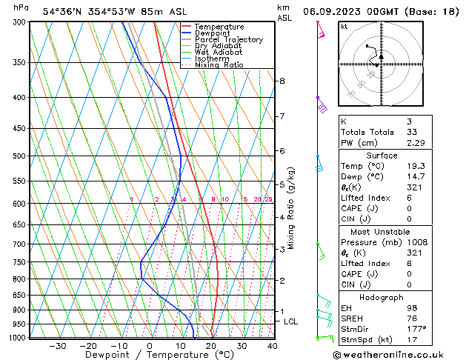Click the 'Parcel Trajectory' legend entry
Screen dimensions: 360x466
[x=228, y=40]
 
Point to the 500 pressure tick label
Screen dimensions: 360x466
[x=21, y=156]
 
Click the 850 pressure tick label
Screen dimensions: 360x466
[x=21, y=295]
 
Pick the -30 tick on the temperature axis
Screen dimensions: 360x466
[x=56, y=346]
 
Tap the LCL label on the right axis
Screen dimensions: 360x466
[x=290, y=321]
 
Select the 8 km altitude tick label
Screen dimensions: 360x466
[x=282, y=81]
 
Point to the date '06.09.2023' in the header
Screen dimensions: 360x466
[x=333, y=12]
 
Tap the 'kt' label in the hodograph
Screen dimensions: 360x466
[x=344, y=27]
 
